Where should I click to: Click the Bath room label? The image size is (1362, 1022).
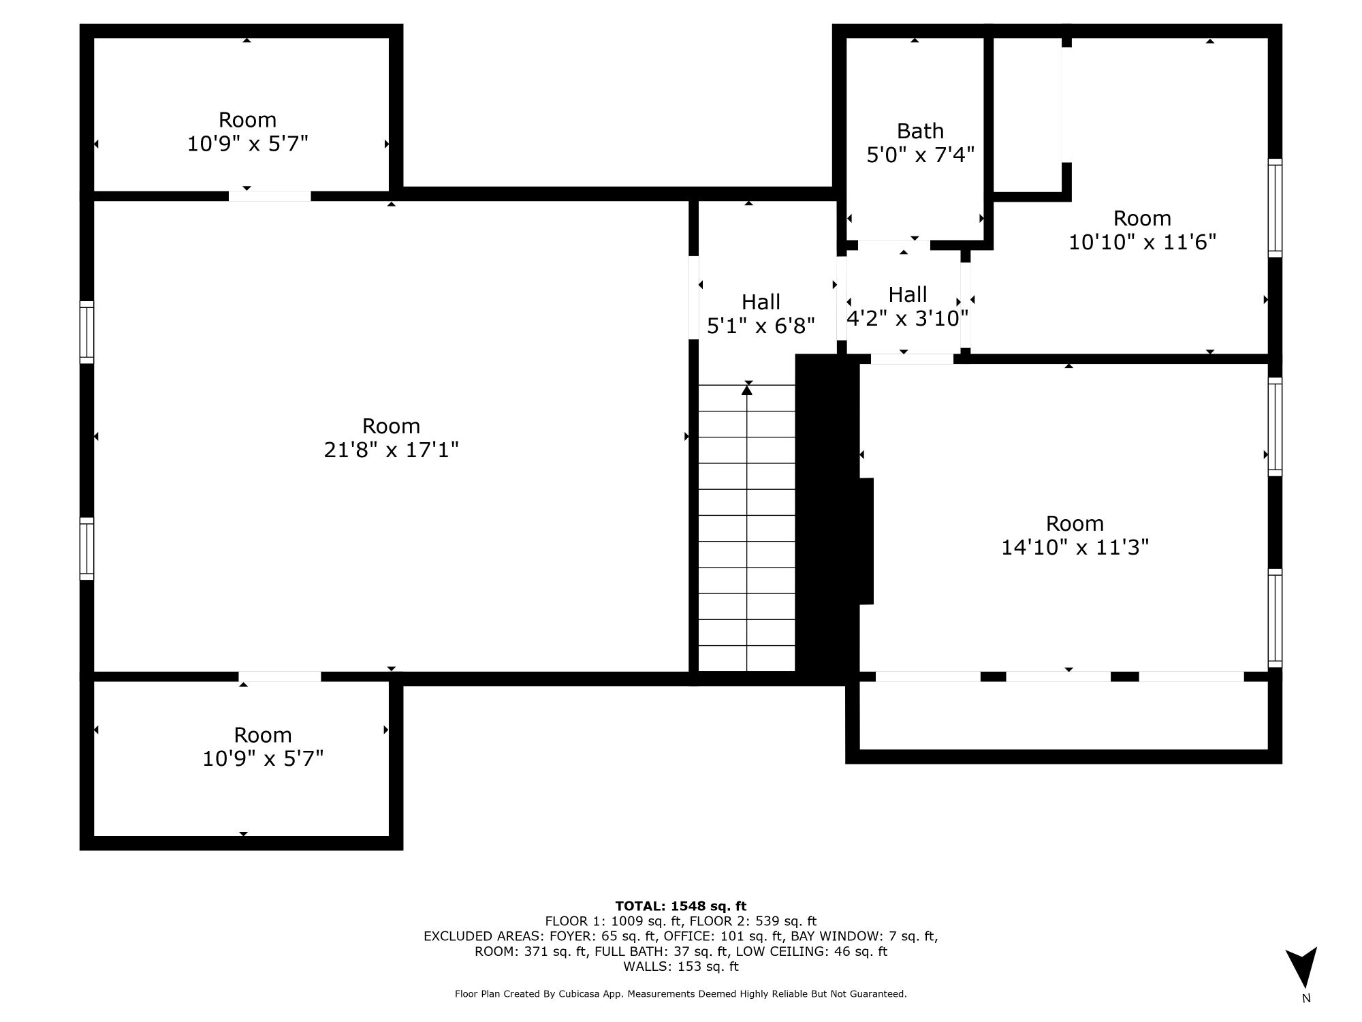coord(920,131)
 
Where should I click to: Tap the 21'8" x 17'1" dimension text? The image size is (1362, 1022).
coord(391,450)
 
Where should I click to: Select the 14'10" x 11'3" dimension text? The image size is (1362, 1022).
coord(1075,547)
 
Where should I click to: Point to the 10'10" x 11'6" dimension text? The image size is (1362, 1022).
coord(1142,242)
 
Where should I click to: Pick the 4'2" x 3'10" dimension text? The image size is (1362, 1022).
coord(907,318)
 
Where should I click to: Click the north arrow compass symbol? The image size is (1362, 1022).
coord(1301,967)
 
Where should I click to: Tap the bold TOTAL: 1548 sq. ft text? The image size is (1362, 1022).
coord(680,906)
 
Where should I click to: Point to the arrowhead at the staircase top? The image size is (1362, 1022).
coord(747,390)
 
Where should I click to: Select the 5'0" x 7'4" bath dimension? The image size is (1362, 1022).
coord(920,155)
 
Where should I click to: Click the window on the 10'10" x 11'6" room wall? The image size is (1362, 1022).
coord(1275,208)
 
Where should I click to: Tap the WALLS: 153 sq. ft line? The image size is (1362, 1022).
coord(680,967)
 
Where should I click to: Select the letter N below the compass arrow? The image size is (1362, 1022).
coord(1305,999)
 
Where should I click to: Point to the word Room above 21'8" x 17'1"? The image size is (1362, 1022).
coord(391,426)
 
